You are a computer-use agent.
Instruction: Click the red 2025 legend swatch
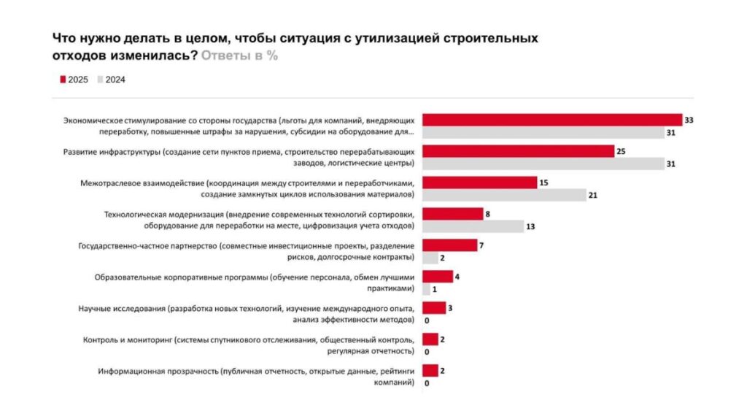[63, 80]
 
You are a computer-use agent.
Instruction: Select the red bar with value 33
[551, 120]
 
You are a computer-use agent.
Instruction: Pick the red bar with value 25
[519, 151]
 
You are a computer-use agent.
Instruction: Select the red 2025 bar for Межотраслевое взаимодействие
[479, 182]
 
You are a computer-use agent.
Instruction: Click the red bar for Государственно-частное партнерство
[449, 245]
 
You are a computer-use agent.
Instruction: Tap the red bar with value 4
[438, 277]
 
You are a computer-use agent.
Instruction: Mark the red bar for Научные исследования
[434, 308]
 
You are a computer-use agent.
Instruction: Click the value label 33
[688, 119]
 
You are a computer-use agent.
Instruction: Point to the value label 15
[543, 182]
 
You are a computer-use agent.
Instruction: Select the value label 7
[481, 245]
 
